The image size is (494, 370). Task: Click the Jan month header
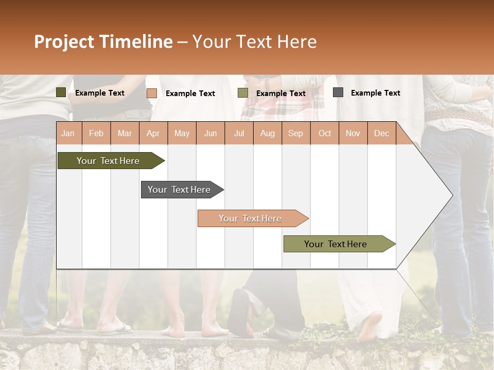[68, 134]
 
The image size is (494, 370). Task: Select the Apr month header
[153, 134]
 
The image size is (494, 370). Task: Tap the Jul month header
[239, 134]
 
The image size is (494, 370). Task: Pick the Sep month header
[295, 134]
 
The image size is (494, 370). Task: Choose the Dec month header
[381, 134]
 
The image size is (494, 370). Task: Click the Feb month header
[96, 134]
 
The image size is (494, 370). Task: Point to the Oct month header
[325, 134]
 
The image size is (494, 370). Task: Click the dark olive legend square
[61, 92]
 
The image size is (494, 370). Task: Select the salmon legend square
[151, 93]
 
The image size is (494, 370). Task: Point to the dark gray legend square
[338, 92]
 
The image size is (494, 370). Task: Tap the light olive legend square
[243, 93]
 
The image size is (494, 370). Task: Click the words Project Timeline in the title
[103, 42]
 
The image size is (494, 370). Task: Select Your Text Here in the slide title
[254, 42]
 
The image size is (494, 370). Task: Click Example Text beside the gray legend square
[375, 93]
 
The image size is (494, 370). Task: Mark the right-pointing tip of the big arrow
[451, 195]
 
